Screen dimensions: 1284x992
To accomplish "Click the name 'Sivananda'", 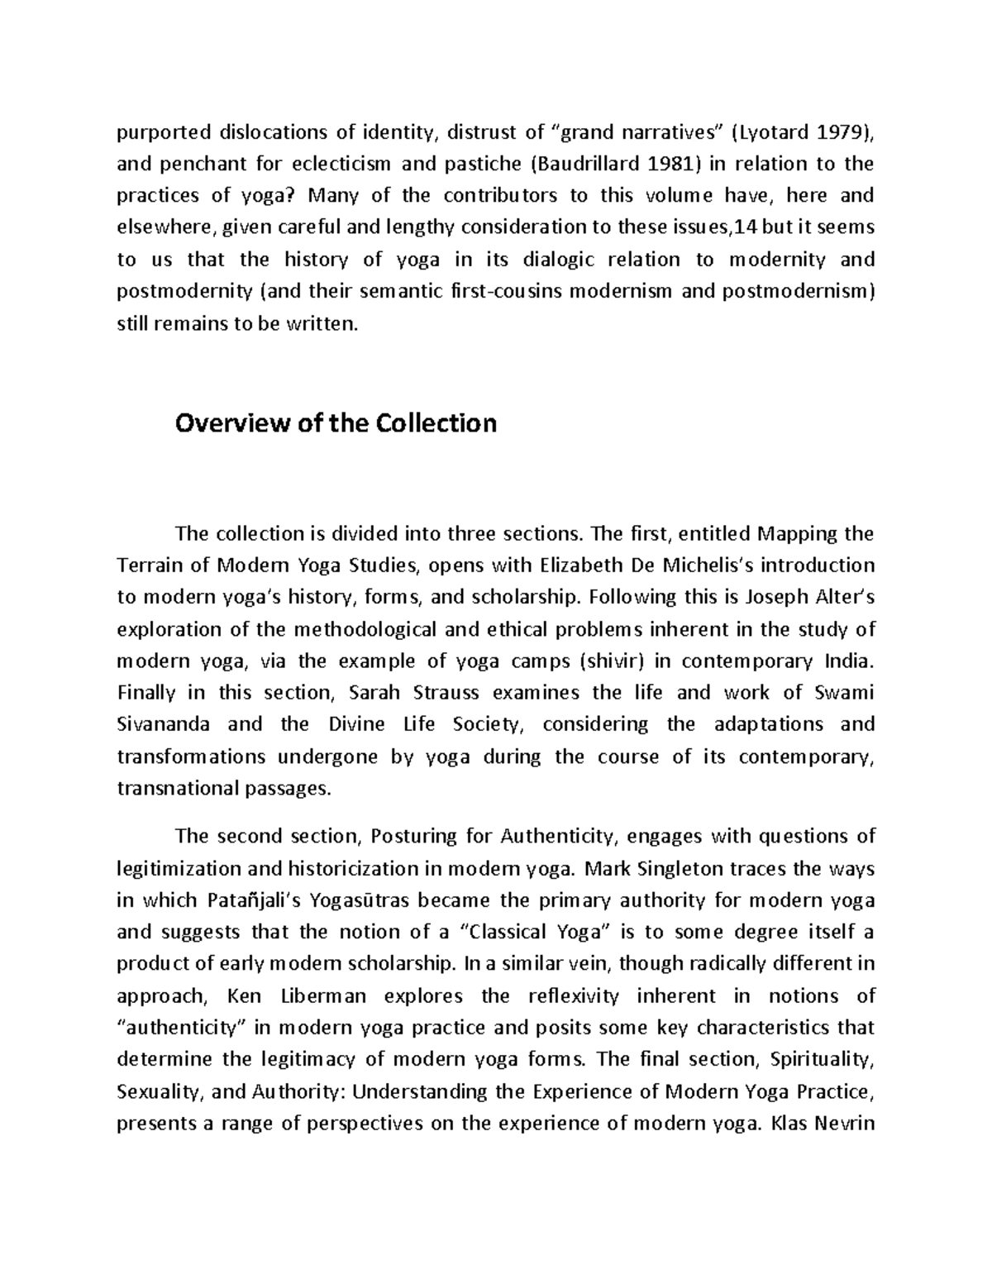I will pyautogui.click(x=164, y=724).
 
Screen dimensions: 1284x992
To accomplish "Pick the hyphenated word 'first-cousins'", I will pyautogui.click(x=499, y=292).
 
